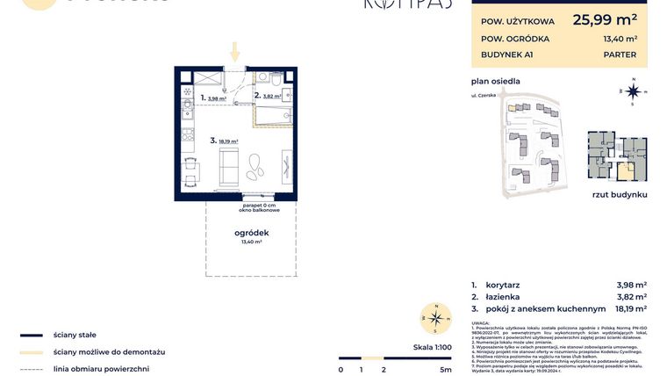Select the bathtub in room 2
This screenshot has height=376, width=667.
274,114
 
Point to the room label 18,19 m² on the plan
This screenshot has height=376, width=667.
227,141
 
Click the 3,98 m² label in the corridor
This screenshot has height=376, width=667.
216,99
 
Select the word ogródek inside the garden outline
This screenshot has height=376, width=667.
251,232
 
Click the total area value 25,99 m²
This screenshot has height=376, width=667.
605,18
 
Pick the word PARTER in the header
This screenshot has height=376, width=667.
620,54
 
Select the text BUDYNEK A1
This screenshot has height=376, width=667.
506,54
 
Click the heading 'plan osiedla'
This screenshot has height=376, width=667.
496,81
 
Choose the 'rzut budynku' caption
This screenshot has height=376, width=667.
619,193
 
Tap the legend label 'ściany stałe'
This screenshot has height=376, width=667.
75,335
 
